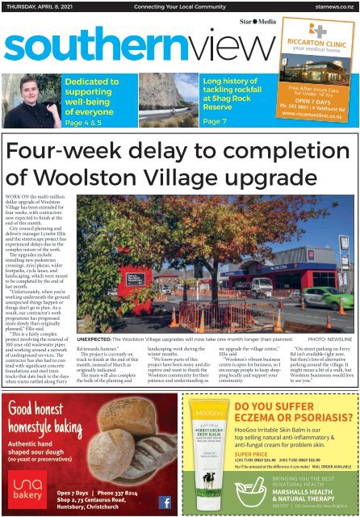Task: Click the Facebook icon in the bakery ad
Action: click(165, 502)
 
